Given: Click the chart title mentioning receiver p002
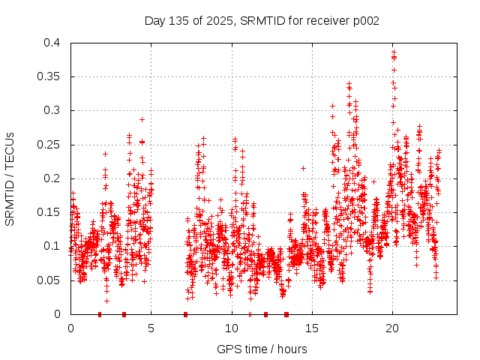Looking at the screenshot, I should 262,21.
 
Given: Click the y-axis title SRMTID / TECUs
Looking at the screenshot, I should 10,178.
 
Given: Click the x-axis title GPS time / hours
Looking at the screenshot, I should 262,349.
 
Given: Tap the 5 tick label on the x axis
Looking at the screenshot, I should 151,328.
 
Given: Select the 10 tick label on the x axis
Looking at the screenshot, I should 231,328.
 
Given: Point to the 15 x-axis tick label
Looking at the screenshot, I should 311,328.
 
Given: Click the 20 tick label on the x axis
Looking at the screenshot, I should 391,328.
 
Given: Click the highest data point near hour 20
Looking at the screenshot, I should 393,52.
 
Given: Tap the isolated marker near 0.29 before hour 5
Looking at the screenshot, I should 142,119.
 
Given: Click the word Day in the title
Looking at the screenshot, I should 154,21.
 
